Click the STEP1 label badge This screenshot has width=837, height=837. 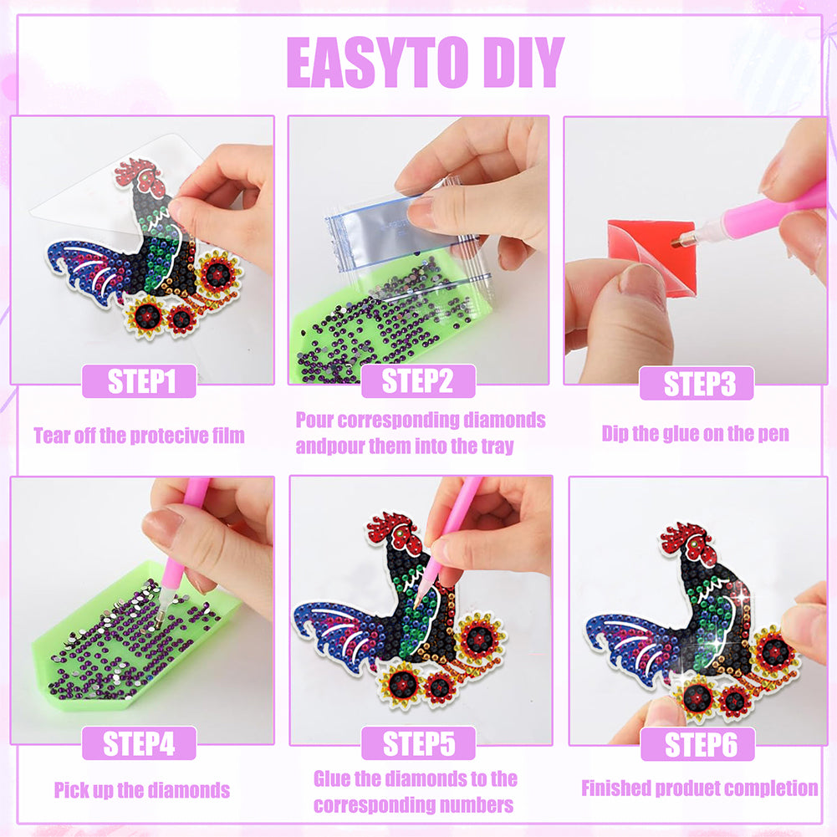140,381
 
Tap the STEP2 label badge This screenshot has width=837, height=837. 418,381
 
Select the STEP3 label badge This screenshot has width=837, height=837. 697,383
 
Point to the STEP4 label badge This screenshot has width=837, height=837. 140,743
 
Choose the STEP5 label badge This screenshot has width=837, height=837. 418,743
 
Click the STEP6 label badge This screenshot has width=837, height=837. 697,744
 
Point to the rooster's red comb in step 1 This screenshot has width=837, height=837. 139,173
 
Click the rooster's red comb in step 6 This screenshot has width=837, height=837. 685,539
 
